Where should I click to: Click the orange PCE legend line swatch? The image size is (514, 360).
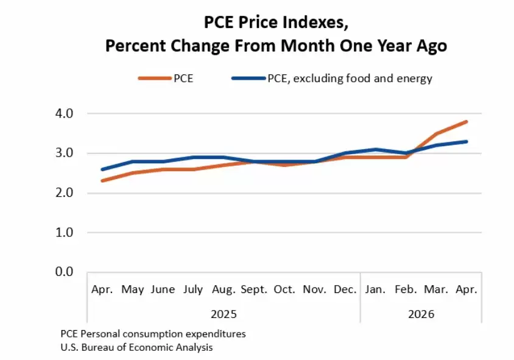pos(155,79)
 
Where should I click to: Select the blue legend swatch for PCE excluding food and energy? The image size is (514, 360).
pos(248,79)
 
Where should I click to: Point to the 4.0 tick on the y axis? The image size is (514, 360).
pos(65,114)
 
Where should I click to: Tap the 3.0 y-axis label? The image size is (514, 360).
pos(65,153)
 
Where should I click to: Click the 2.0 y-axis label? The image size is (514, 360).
pos(65,192)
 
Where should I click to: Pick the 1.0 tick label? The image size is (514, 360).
pos(65,233)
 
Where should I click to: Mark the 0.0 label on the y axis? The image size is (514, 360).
pos(65,272)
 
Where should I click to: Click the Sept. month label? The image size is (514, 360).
pos(254,290)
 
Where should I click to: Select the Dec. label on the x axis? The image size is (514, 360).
pos(345,289)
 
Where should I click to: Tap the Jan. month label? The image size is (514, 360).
pos(375,289)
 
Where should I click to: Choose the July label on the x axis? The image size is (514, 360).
pos(193,290)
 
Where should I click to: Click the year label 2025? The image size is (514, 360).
pos(224,314)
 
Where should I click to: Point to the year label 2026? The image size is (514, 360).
pos(421,314)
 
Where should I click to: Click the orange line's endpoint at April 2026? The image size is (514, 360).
pos(466,122)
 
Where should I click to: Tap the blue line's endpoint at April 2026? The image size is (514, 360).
pos(466,142)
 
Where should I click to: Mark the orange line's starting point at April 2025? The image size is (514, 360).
pos(102,181)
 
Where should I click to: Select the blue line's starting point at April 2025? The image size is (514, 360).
pos(102,169)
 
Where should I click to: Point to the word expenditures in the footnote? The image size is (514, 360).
pos(216,334)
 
